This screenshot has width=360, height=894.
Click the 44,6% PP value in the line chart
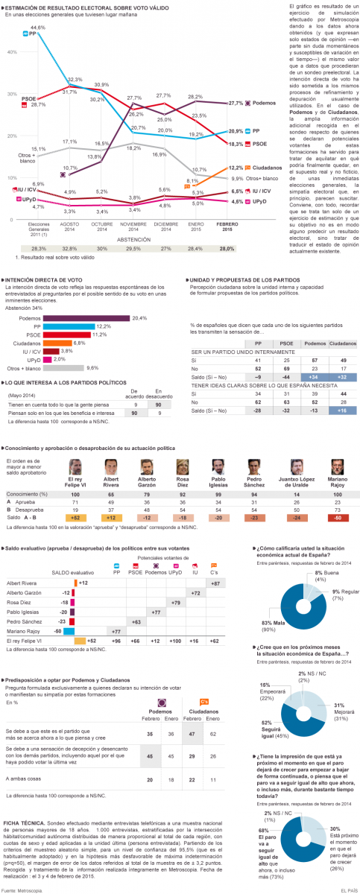tap(38, 28)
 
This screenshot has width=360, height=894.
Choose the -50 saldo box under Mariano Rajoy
tap(338, 517)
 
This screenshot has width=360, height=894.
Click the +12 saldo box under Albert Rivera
tap(114, 517)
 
